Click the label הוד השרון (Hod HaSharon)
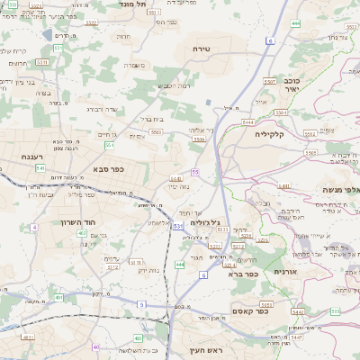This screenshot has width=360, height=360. tap(107, 220)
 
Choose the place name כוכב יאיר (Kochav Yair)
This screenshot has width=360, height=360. tap(287, 85)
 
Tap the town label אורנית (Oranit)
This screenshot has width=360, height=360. tap(284, 271)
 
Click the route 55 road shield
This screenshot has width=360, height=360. tap(194, 171)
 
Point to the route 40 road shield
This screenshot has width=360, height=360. tap(96, 346)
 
